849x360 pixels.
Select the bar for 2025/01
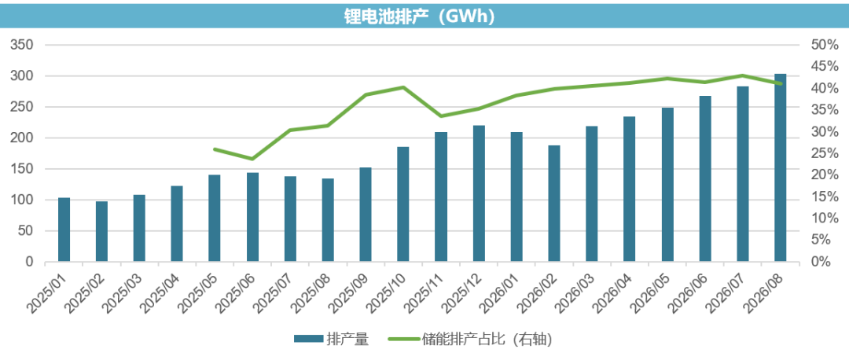coord(64,230)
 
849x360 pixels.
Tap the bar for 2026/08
coord(781,168)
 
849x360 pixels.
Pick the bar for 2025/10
coord(402,204)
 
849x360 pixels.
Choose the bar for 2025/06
coord(252,218)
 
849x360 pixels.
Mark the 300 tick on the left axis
coord(22,75)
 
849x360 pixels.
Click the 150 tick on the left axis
coord(22,169)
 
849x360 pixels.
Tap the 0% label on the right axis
coord(820,262)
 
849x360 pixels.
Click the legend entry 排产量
coord(332,340)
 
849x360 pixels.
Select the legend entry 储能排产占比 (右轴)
coord(470,340)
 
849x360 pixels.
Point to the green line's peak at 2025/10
coord(402,87)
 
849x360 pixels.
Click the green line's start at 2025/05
coord(215,149)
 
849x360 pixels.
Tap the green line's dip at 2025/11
coord(441,116)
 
